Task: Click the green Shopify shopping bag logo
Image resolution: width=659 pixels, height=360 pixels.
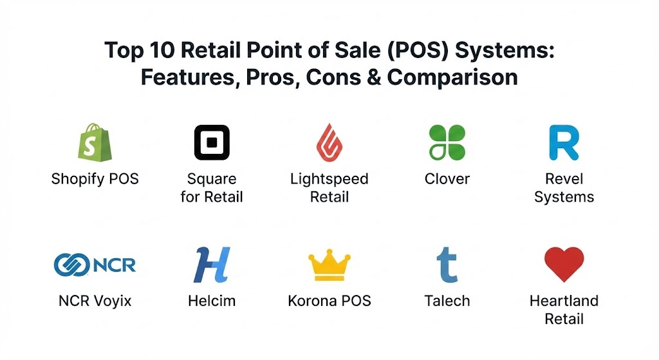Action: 95,142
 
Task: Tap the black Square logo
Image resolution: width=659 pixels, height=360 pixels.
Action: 212,142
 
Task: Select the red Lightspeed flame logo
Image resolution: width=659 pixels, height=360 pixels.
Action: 329,142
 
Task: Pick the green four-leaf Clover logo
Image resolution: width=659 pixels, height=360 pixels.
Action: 447,142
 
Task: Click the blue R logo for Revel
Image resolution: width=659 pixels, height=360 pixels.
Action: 564,142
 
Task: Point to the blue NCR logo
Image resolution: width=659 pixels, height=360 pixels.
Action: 95,265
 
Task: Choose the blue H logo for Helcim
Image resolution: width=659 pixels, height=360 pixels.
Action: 212,265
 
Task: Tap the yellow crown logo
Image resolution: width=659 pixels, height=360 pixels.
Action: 329,265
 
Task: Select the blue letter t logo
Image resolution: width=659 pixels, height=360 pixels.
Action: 447,265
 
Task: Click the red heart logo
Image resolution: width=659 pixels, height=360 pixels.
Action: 564,264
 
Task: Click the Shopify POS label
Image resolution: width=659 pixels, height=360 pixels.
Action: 95,179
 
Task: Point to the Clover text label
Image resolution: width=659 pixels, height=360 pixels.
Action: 447,179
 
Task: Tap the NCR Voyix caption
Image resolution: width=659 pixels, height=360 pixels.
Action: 95,301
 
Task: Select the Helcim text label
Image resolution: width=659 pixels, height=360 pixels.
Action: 212,301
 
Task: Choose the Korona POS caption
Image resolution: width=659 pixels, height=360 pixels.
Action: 329,301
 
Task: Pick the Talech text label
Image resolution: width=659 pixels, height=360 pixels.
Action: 447,301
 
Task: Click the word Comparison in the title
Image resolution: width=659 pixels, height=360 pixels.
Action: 452,78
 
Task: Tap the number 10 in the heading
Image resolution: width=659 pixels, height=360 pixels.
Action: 162,50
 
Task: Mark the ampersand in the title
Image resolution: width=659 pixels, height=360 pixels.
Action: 374,77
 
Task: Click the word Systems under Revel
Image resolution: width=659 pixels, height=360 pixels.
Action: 564,197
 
